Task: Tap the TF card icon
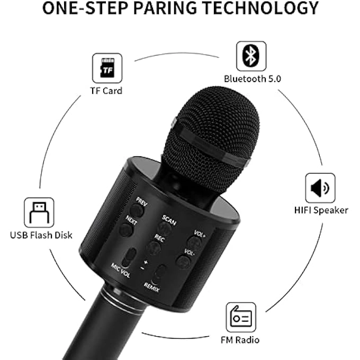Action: point(107,67)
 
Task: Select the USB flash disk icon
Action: point(39,212)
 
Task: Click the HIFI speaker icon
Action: point(320,188)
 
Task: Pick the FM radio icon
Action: point(241,317)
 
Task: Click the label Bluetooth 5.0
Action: point(252,79)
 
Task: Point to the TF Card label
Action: point(106,91)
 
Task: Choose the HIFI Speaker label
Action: point(321,210)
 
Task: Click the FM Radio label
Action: point(241,339)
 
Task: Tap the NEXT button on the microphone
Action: point(126,230)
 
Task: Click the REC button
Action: point(154,247)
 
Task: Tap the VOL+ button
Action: point(195,244)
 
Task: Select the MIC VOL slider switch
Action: point(128,257)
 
